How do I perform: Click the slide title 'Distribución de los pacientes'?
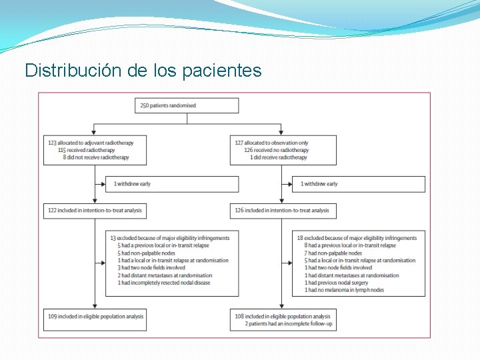[143, 70]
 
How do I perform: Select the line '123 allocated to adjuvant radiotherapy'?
[91, 143]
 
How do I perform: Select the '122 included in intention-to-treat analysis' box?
[95, 211]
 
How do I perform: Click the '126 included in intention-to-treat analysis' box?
[282, 211]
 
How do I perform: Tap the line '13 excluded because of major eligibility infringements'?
[169, 238]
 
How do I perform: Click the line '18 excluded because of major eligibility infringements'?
[357, 238]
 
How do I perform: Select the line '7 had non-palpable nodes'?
[335, 253]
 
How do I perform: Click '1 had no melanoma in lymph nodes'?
[345, 290]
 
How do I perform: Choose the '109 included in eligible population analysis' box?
[95, 317]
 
